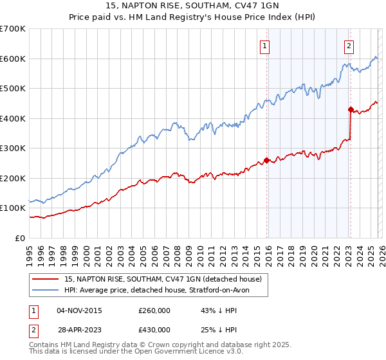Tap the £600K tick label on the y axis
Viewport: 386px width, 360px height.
(12, 59)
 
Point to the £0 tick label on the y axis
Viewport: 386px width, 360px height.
(20, 238)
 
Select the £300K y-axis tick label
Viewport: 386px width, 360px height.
(12, 148)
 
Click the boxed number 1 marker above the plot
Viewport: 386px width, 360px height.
(265, 46)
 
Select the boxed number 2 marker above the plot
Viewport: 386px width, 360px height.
(349, 46)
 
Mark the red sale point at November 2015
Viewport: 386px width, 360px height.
(266, 161)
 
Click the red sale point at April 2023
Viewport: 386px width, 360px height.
(351, 109)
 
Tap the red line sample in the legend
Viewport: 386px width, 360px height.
(46, 280)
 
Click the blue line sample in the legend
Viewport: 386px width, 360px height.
(46, 290)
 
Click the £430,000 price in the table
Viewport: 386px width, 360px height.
(154, 330)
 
